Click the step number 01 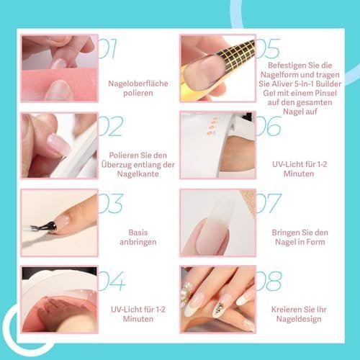coord(107,49)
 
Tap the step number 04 coord(112,281)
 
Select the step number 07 coord(269,203)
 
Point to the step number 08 coord(269,281)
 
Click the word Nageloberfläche coord(138,84)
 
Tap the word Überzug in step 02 coord(117,165)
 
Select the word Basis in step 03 coord(138,233)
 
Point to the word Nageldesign coord(299,319)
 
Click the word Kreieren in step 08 coord(285,310)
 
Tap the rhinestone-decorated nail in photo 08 coord(221,306)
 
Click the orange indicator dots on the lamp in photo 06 coord(212,126)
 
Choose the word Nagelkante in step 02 coord(138,174)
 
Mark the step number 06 coord(269,126)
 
